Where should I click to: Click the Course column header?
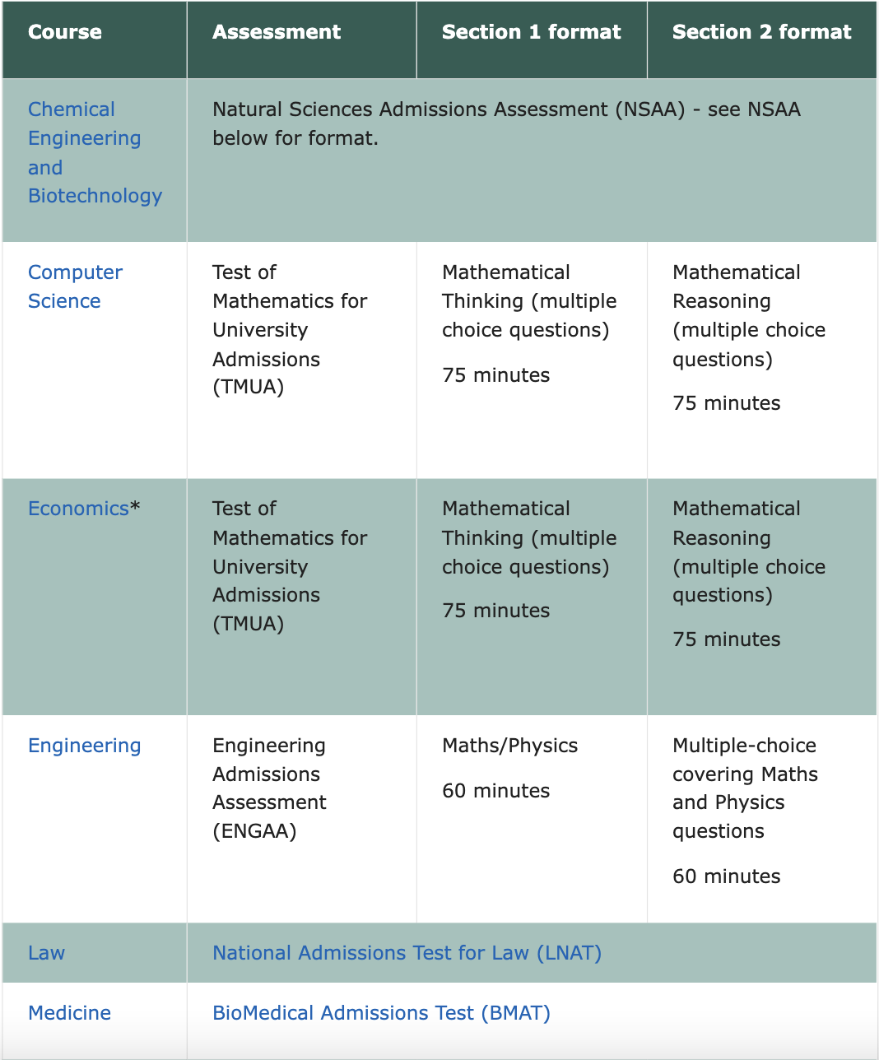pos(65,32)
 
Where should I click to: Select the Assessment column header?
pos(277,32)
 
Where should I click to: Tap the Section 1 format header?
pos(531,32)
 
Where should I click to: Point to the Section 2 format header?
pos(761,32)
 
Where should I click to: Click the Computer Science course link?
pos(75,286)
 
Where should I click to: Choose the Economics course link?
pos(78,509)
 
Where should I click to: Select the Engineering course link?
pos(84,746)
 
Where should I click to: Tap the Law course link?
pos(46,953)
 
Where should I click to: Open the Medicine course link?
pos(69,1013)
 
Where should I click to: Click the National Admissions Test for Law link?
pos(407,953)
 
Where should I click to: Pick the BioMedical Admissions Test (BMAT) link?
pos(381,1013)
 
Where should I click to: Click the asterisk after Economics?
pos(135,507)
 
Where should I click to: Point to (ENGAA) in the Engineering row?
pos(254,831)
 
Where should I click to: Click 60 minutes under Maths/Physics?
pos(495,791)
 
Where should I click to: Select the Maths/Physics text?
pos(509,746)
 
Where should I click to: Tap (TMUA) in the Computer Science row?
pos(248,387)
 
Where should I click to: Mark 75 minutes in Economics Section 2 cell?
pos(726,639)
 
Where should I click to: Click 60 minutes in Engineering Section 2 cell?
pos(726,876)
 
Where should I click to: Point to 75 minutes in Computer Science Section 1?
pos(495,375)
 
